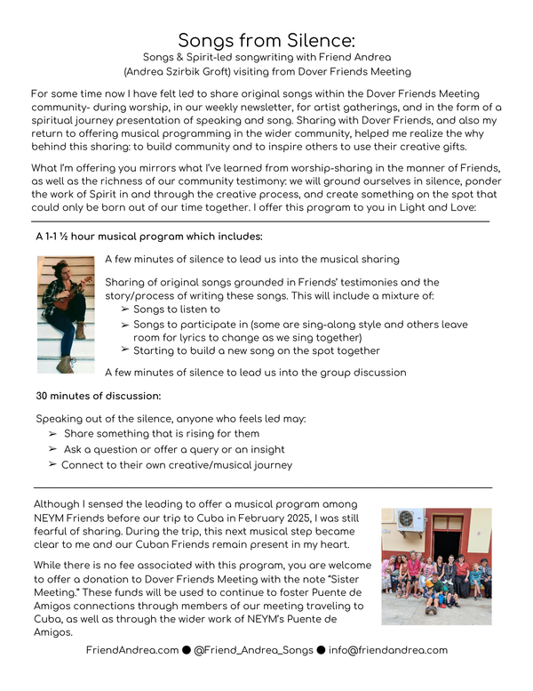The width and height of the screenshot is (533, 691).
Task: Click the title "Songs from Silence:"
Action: [x=266, y=40]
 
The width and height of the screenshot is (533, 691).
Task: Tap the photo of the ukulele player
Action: [x=66, y=314]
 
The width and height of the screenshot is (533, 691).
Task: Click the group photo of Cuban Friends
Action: [x=436, y=566]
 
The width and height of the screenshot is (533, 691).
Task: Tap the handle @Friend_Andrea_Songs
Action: [x=252, y=650]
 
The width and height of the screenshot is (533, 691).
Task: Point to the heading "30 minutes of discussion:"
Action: [x=98, y=395]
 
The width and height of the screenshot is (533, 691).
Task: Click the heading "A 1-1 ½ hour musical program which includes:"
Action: [x=148, y=237]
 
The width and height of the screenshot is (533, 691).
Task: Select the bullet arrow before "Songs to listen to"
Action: [x=124, y=309]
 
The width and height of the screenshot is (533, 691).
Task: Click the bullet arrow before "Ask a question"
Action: [x=52, y=450]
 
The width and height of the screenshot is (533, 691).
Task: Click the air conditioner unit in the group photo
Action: [x=410, y=520]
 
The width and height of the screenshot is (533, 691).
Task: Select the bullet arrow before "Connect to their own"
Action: [x=52, y=465]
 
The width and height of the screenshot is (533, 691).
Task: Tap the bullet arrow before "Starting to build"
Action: [x=124, y=351]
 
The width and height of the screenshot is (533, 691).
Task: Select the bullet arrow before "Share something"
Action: [x=52, y=434]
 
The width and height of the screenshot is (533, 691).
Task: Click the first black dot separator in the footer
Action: [x=187, y=650]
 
